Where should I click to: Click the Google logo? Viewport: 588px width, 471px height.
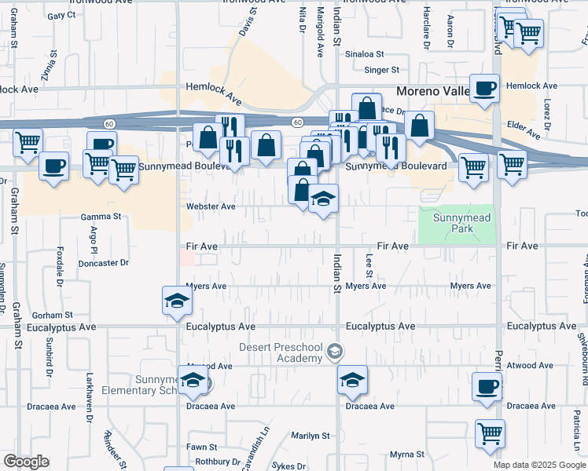[26, 462]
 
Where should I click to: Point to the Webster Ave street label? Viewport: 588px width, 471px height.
[211, 206]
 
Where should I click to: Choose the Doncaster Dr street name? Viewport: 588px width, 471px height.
[103, 263]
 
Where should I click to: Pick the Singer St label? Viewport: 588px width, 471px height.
[382, 70]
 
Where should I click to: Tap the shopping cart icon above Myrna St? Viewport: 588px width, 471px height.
[490, 433]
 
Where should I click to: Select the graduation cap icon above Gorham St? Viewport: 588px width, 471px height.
[177, 300]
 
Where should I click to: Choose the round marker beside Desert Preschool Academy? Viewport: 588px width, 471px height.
[336, 350]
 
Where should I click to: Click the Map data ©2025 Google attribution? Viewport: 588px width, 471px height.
[538, 465]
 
